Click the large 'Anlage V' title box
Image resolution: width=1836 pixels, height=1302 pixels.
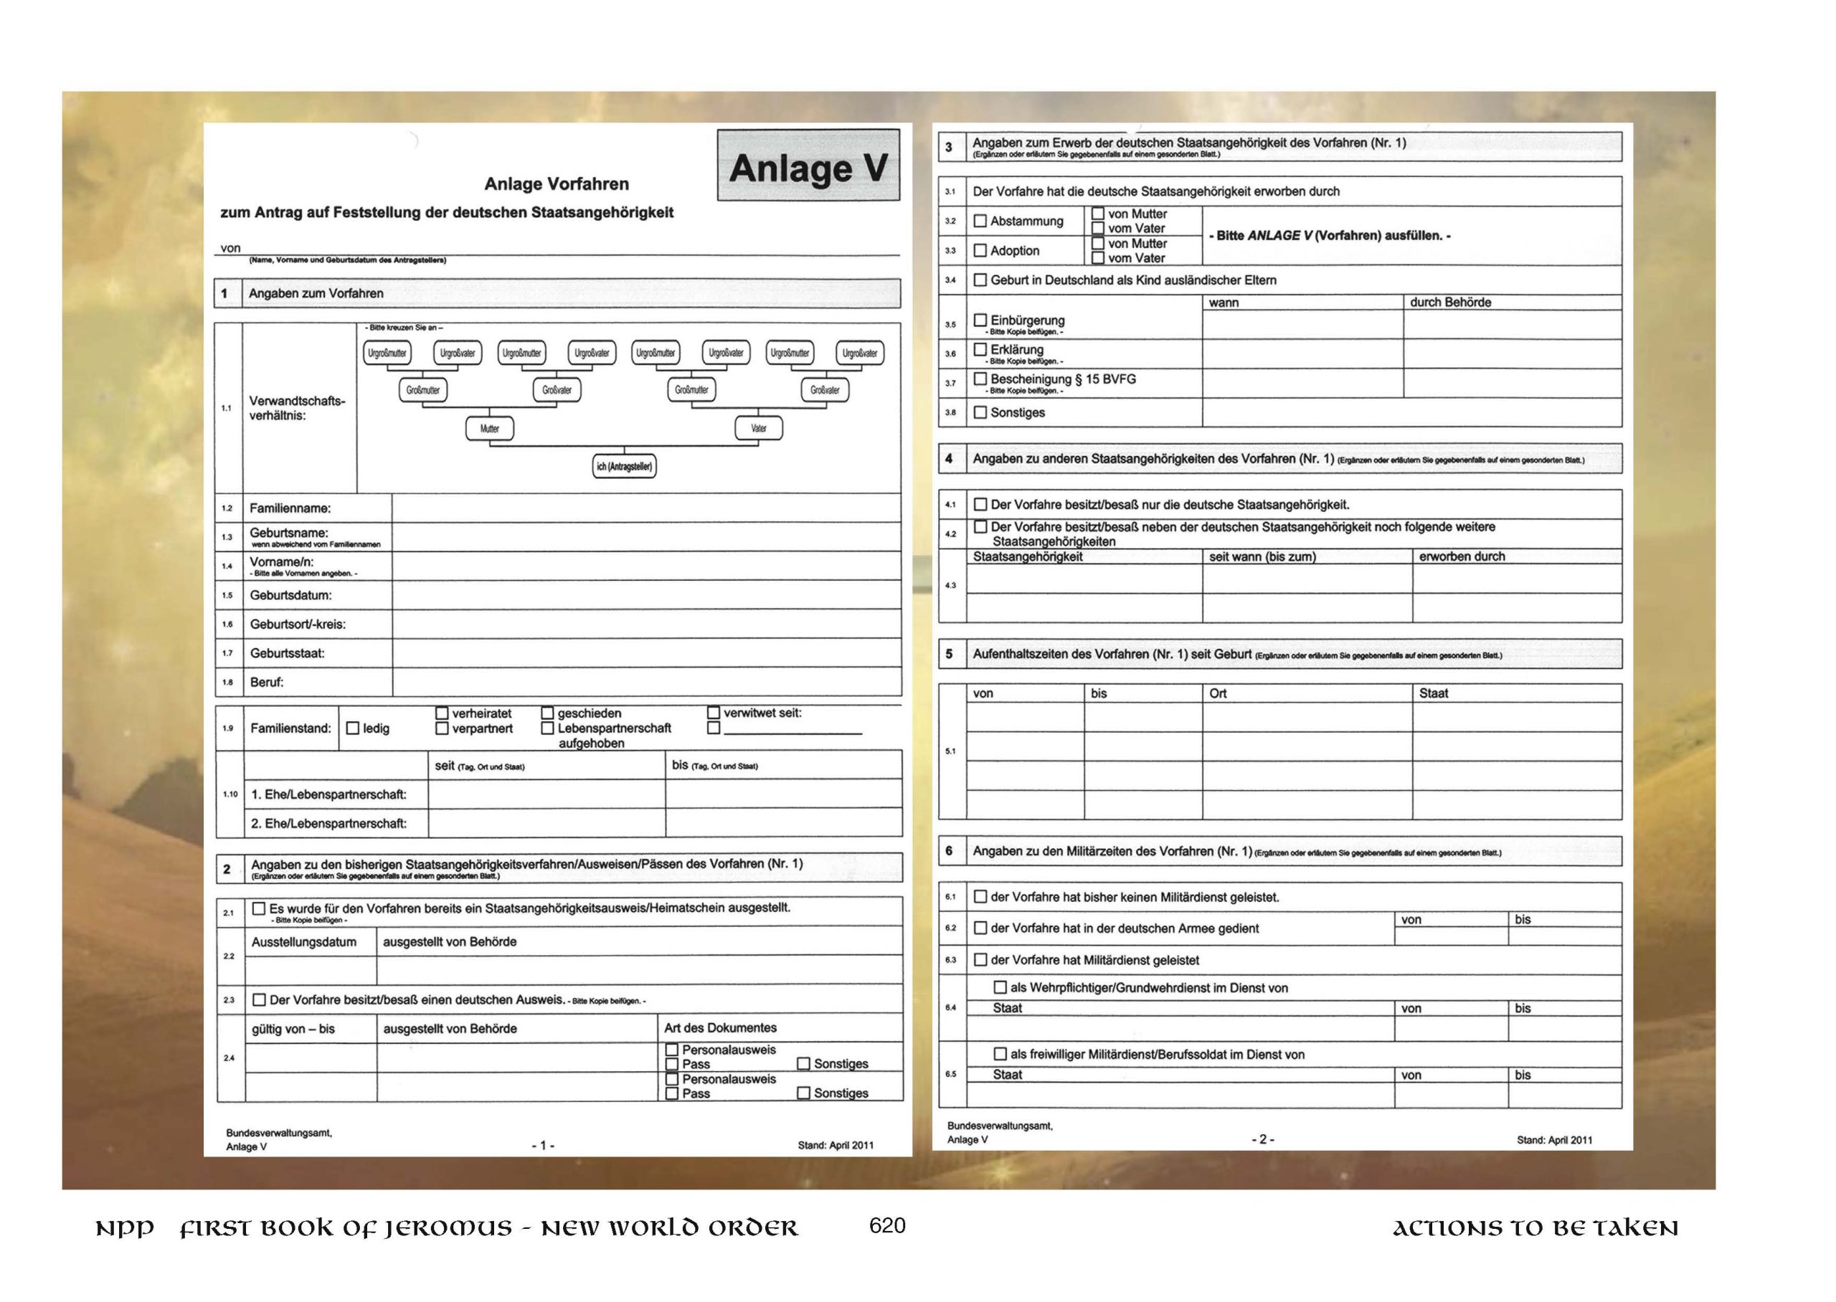pyautogui.click(x=808, y=166)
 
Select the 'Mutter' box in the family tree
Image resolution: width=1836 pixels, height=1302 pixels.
pyautogui.click(x=489, y=429)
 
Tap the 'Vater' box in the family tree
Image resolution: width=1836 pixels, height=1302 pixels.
pyautogui.click(x=759, y=429)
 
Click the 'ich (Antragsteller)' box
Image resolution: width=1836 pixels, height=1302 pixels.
pyautogui.click(x=624, y=467)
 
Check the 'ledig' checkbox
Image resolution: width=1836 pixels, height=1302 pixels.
pyautogui.click(x=353, y=728)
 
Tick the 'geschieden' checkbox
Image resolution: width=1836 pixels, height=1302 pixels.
pyautogui.click(x=548, y=713)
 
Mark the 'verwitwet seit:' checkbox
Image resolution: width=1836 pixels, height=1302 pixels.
pyautogui.click(x=714, y=712)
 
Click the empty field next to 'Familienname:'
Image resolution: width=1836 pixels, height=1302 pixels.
pyautogui.click(x=646, y=508)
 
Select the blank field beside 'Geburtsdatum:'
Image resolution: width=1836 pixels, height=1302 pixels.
pyautogui.click(x=646, y=595)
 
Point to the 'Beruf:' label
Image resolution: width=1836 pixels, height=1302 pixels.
pyautogui.click(x=267, y=683)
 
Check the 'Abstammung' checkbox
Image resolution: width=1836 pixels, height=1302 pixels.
pyautogui.click(x=980, y=221)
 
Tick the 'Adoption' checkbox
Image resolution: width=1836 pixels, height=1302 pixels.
pyautogui.click(x=980, y=250)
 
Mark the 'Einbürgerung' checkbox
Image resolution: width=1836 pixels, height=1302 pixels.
pyautogui.click(x=980, y=320)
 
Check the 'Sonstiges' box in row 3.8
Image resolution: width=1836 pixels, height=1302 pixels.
pyautogui.click(x=980, y=412)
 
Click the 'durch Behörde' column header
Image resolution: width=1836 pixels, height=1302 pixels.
pyautogui.click(x=1450, y=303)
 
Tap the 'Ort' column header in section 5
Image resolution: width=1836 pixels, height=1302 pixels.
pyautogui.click(x=1218, y=693)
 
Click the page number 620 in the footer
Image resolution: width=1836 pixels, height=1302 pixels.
pyautogui.click(x=886, y=1226)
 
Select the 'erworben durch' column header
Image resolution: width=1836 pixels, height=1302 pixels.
pyautogui.click(x=1462, y=556)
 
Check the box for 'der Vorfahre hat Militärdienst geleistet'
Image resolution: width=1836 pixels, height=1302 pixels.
pyautogui.click(x=980, y=960)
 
